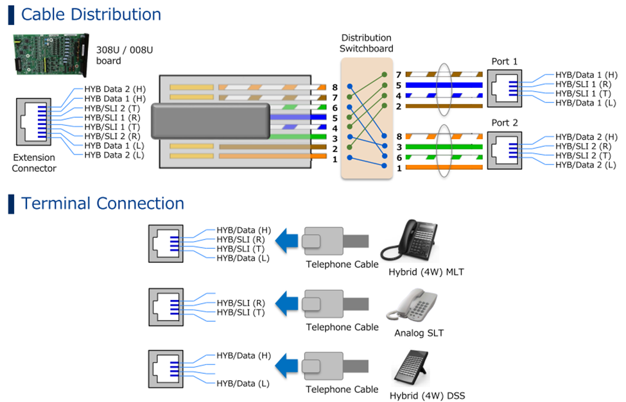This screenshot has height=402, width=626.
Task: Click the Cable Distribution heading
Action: point(91,14)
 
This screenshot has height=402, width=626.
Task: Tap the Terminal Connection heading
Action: point(103,203)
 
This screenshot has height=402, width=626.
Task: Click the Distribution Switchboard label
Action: point(367,44)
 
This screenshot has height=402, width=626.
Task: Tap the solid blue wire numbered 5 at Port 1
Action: point(443,85)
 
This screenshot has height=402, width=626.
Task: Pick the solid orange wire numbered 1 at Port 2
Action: point(443,168)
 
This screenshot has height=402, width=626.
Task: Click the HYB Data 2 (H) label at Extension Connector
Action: point(115,89)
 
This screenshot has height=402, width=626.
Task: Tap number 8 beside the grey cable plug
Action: point(335,87)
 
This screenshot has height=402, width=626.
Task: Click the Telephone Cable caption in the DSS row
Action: point(342,389)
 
